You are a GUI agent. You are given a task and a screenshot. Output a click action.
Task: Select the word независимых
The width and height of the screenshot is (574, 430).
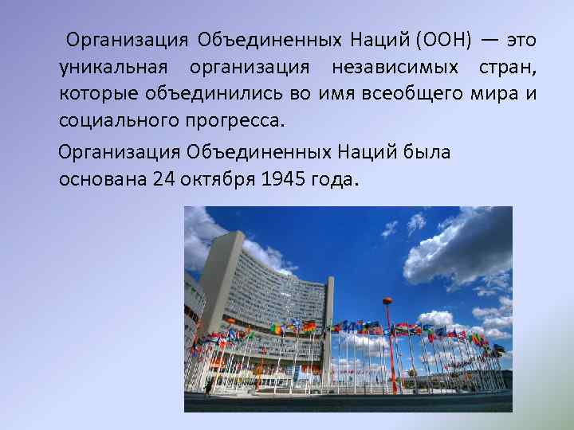(x=404, y=68)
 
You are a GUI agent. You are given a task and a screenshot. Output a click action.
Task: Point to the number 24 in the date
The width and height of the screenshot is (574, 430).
(x=163, y=180)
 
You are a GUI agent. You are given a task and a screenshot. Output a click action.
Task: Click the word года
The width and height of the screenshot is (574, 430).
(x=334, y=180)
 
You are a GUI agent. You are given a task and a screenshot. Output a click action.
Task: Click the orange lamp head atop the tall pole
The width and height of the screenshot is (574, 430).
(x=387, y=301)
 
